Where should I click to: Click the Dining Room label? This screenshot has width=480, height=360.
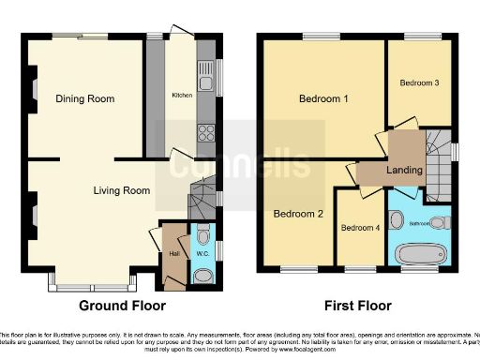click(84, 98)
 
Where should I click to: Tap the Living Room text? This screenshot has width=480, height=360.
click(122, 190)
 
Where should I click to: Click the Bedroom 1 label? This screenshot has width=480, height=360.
click(323, 99)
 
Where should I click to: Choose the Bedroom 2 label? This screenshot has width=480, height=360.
click(298, 214)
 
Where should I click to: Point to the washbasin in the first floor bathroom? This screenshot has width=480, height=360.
click(397, 221)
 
